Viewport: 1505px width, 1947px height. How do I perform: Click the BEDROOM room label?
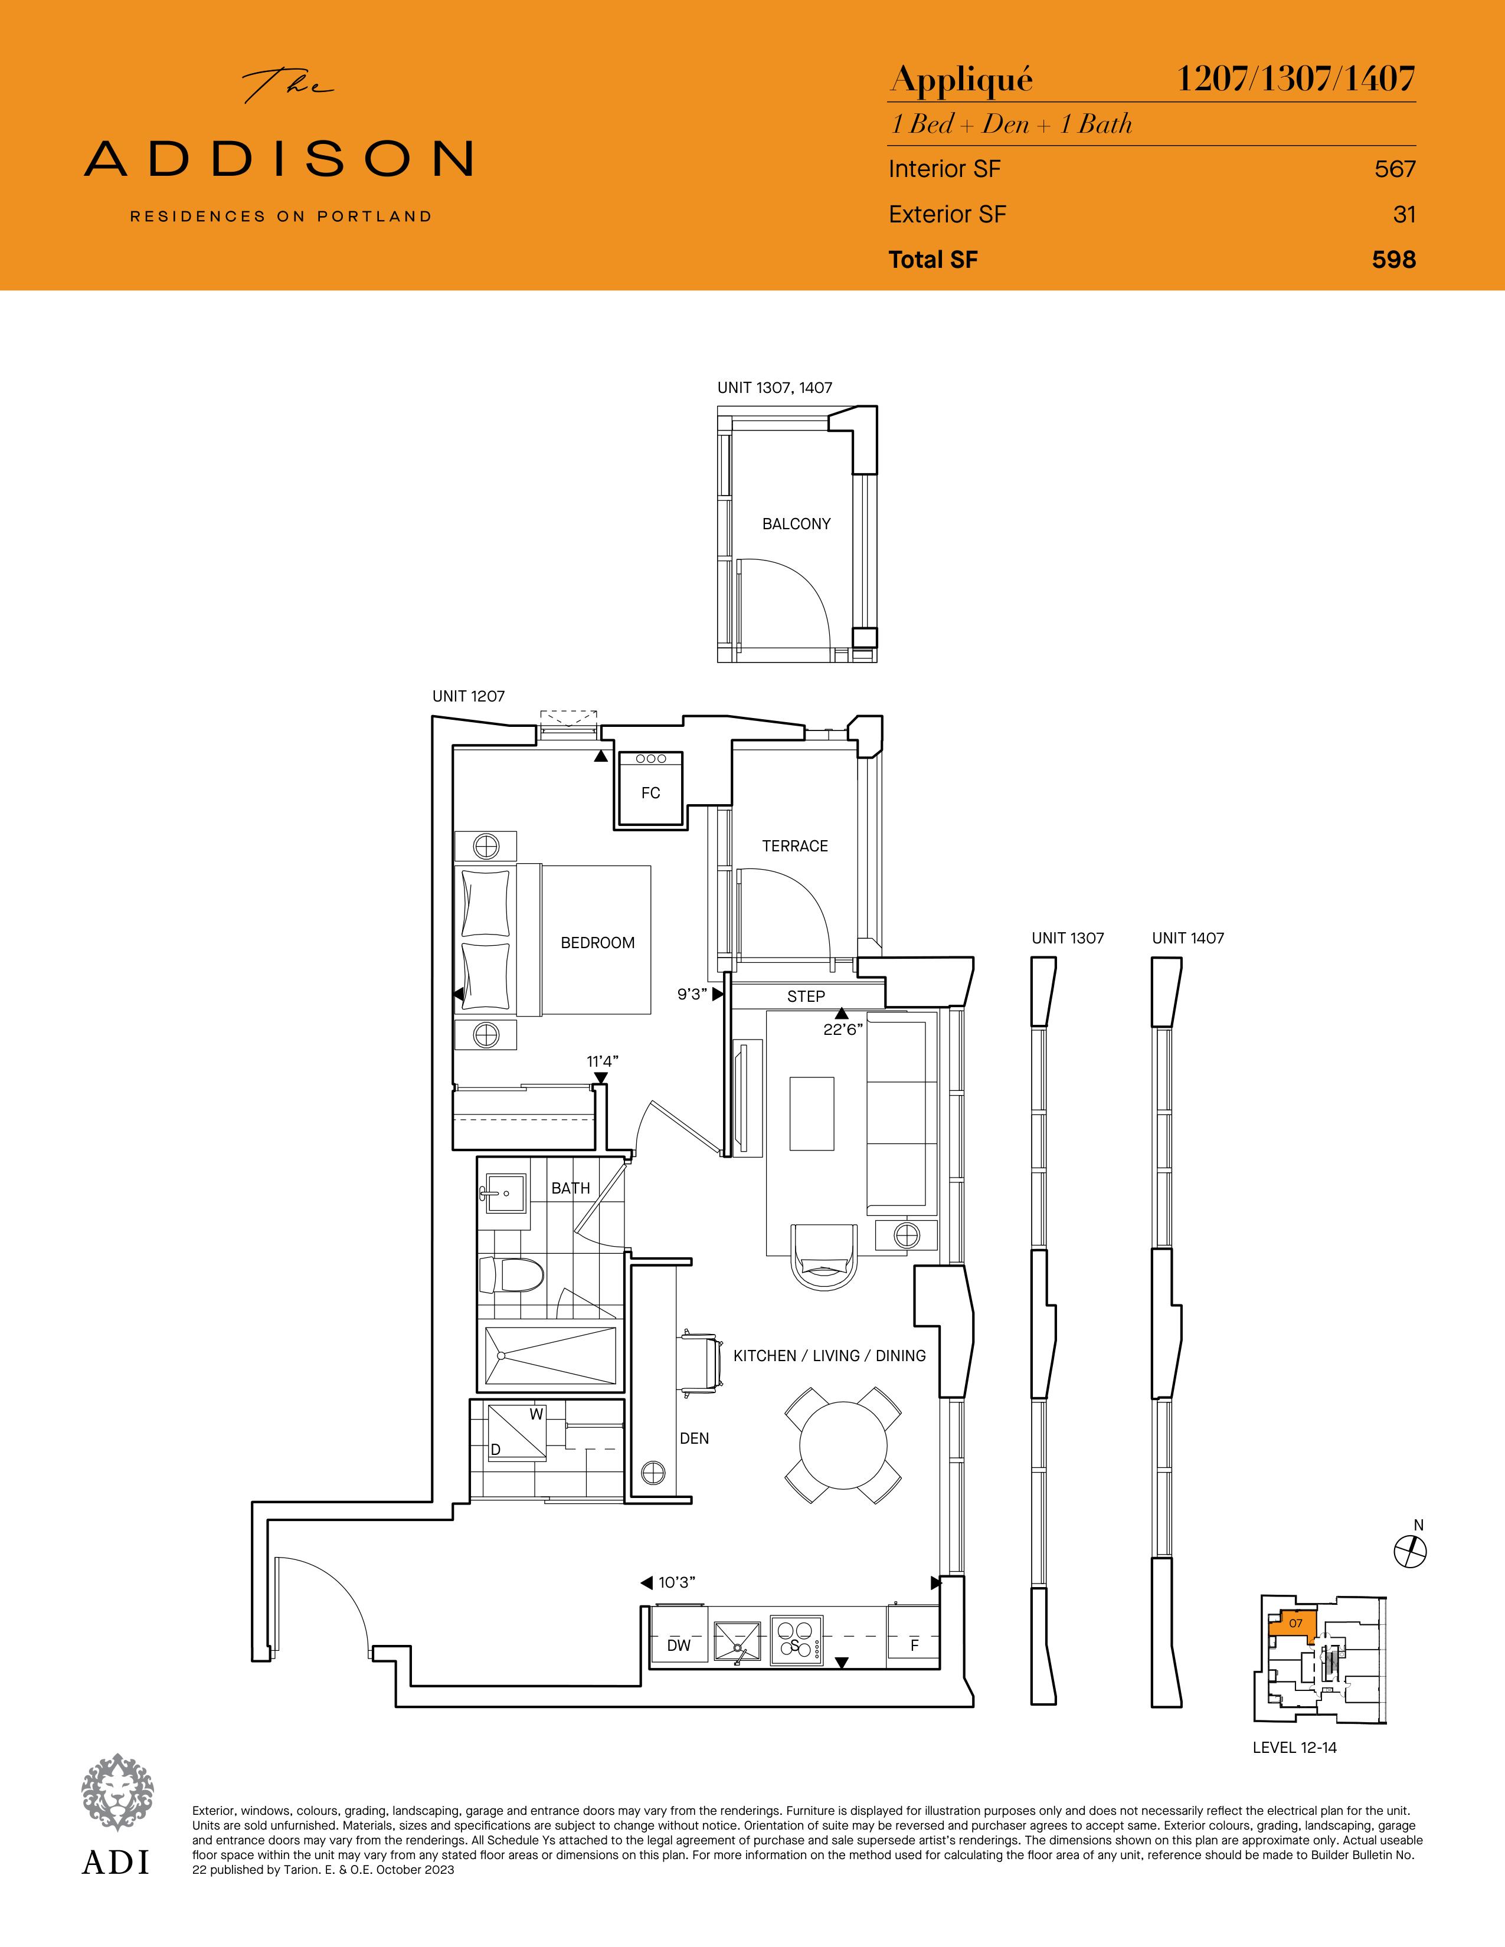pos(597,942)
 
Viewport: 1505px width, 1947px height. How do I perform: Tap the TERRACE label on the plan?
pos(794,846)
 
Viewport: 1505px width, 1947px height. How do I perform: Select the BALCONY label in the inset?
pos(796,524)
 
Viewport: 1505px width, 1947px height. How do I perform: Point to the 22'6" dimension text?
pos(843,1030)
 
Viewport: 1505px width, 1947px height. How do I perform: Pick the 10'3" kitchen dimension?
pos(677,1582)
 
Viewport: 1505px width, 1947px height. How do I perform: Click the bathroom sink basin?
pos(505,1191)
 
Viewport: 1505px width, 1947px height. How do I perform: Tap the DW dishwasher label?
pos(679,1646)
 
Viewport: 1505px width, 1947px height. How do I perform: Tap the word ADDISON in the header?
pos(278,158)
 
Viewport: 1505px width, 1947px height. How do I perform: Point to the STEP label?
pos(806,997)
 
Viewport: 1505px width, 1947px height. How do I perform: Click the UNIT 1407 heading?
pos(1187,938)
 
